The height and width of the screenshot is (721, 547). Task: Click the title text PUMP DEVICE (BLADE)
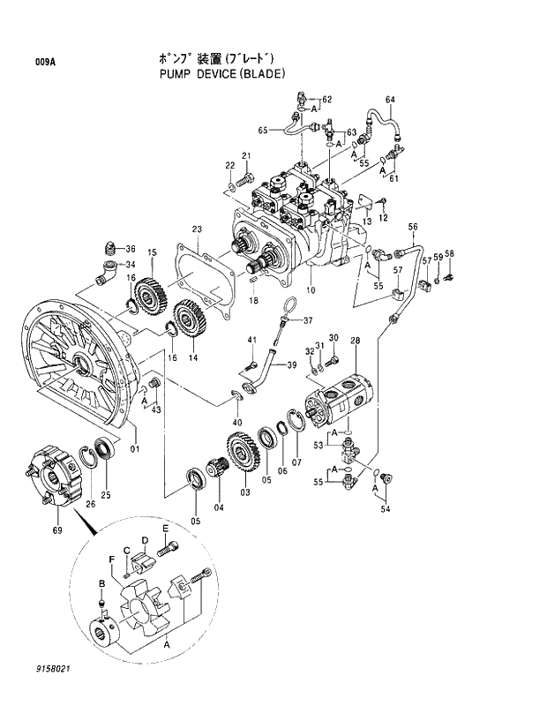[222, 74]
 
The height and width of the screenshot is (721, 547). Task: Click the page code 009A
[45, 62]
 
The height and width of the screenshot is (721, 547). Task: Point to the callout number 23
[198, 229]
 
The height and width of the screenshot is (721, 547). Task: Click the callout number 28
[355, 341]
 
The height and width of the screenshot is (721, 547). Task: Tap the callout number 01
[135, 449]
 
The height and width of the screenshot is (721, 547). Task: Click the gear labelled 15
[151, 296]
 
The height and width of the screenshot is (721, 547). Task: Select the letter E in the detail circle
[165, 528]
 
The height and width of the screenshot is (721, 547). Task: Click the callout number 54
[384, 508]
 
